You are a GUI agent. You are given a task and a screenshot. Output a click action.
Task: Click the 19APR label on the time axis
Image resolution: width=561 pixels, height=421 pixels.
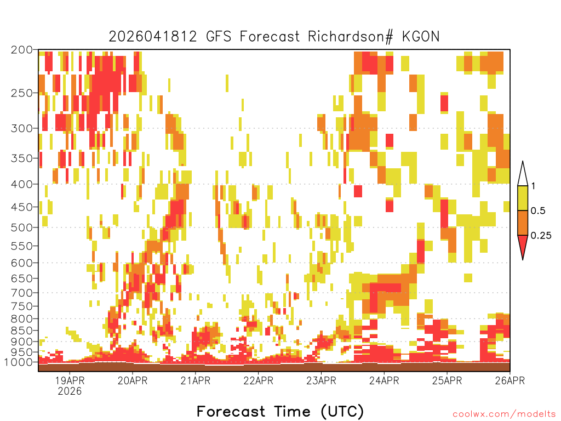click(x=70, y=380)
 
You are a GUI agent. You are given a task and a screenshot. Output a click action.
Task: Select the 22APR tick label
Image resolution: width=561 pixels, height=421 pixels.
click(x=259, y=380)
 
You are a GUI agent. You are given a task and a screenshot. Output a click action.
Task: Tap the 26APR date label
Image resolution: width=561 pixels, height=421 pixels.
click(x=510, y=380)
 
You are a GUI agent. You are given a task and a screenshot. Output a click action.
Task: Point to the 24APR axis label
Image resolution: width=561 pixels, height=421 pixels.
click(x=384, y=380)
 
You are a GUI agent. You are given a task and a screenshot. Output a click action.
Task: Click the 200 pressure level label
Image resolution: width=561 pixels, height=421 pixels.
click(x=22, y=50)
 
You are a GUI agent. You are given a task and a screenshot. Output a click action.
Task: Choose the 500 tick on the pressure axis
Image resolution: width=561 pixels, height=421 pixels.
click(x=22, y=227)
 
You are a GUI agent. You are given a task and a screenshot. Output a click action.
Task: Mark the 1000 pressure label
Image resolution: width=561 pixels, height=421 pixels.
click(x=18, y=362)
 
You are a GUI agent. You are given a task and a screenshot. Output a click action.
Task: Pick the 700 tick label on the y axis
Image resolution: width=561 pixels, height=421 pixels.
click(x=22, y=293)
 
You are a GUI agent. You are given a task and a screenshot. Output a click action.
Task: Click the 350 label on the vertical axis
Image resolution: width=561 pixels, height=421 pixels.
click(x=22, y=158)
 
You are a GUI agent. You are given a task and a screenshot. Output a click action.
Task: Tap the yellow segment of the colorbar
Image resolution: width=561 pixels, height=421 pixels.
click(x=523, y=198)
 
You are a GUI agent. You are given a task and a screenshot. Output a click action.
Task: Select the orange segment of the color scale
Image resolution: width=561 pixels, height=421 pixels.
click(x=523, y=223)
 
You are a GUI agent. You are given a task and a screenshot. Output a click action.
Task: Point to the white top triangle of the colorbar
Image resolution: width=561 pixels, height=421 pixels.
click(x=523, y=175)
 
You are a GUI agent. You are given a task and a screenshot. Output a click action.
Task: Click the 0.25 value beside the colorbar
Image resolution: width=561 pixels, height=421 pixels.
click(x=541, y=236)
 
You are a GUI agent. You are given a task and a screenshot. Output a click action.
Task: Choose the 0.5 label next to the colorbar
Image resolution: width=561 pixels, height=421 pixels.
click(x=538, y=210)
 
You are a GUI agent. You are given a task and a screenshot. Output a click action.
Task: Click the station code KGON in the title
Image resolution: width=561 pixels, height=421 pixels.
click(x=420, y=37)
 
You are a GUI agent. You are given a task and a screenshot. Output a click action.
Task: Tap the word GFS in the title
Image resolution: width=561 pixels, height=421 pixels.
click(x=219, y=37)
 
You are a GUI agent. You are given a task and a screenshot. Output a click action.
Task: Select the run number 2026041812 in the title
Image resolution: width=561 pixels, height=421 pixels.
click(x=153, y=37)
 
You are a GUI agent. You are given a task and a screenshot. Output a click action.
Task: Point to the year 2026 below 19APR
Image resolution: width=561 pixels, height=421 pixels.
click(x=70, y=391)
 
